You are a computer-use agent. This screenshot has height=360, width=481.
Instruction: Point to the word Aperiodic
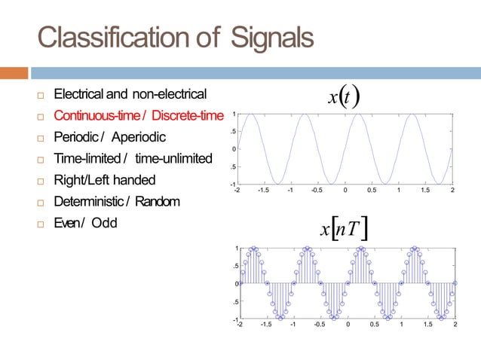click(x=139, y=138)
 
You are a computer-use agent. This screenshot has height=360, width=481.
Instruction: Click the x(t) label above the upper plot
click(x=343, y=96)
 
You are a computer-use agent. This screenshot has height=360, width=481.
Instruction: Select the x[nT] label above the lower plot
click(x=343, y=226)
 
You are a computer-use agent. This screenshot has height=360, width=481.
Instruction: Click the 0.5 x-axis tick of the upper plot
click(x=372, y=191)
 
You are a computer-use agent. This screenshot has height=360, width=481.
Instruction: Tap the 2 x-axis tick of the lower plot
click(x=455, y=326)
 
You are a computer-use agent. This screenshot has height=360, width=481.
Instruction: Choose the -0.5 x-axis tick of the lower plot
click(x=319, y=326)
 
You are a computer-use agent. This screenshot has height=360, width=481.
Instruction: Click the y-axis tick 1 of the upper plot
click(x=234, y=114)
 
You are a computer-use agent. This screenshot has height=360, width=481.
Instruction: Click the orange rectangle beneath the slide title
click(x=14, y=74)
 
